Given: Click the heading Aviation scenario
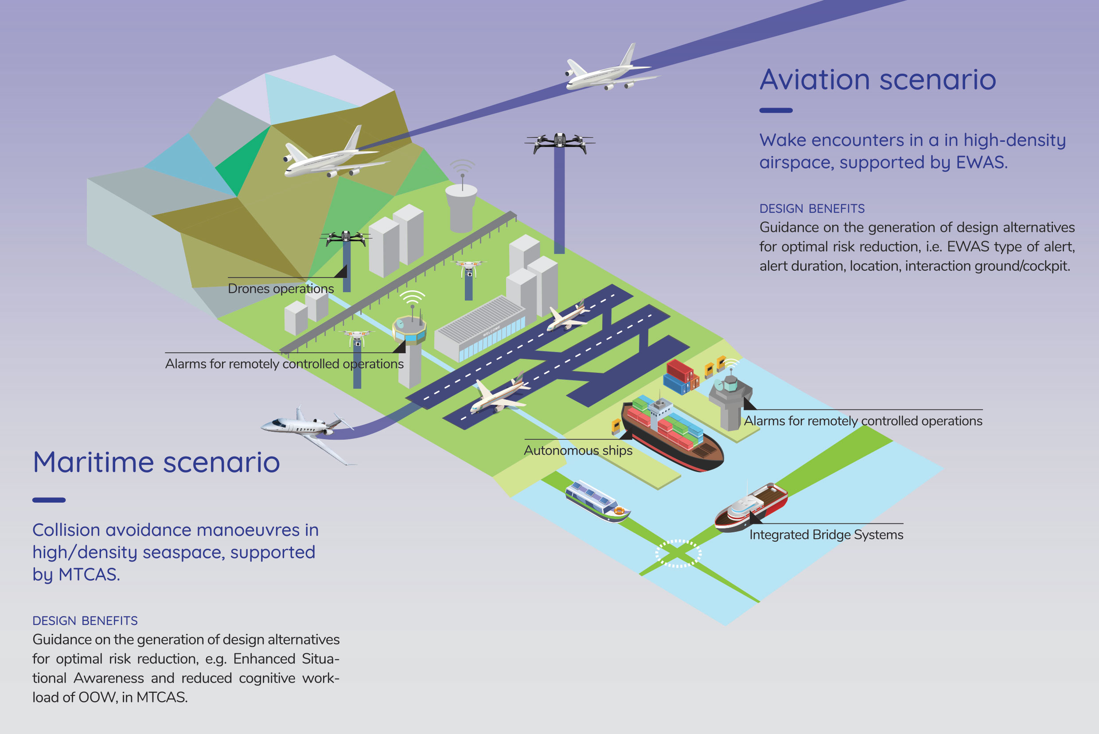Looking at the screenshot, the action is click(x=877, y=80).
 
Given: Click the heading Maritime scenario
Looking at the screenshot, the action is click(x=156, y=462).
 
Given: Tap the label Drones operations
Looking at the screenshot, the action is click(x=281, y=289).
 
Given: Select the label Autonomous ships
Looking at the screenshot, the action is click(x=578, y=450).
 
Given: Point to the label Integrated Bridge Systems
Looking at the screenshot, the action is click(x=826, y=535).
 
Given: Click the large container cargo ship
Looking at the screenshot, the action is click(x=672, y=433).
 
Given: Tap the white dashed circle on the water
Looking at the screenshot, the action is click(x=678, y=554).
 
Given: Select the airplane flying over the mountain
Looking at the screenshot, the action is click(x=335, y=155).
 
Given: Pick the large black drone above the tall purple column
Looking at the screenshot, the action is click(x=560, y=142).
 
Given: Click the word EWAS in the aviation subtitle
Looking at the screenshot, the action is click(x=981, y=162).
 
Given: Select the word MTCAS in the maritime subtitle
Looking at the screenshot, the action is click(x=89, y=574).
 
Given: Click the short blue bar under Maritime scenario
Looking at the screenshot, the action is click(x=49, y=500).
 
